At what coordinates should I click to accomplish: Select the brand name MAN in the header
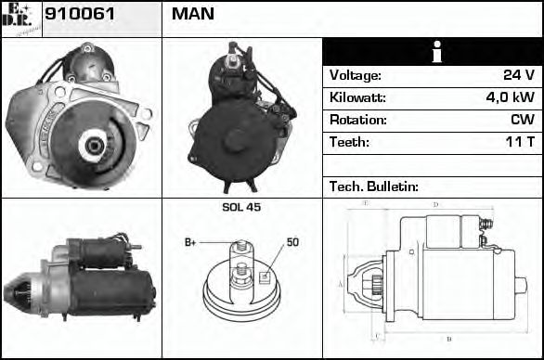pos(192,14)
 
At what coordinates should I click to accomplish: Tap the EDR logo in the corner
pos(20,17)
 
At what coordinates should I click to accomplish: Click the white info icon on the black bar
pos(433,52)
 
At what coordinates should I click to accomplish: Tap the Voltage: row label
pos(355,75)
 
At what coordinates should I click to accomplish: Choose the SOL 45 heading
pos(241,207)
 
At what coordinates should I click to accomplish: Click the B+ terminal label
pos(190,243)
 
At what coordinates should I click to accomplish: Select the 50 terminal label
pos(291,242)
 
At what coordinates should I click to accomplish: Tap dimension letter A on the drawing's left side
pos(340,283)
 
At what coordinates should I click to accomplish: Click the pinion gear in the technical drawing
pos(377,283)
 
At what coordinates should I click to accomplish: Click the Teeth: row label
pos(349,142)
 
